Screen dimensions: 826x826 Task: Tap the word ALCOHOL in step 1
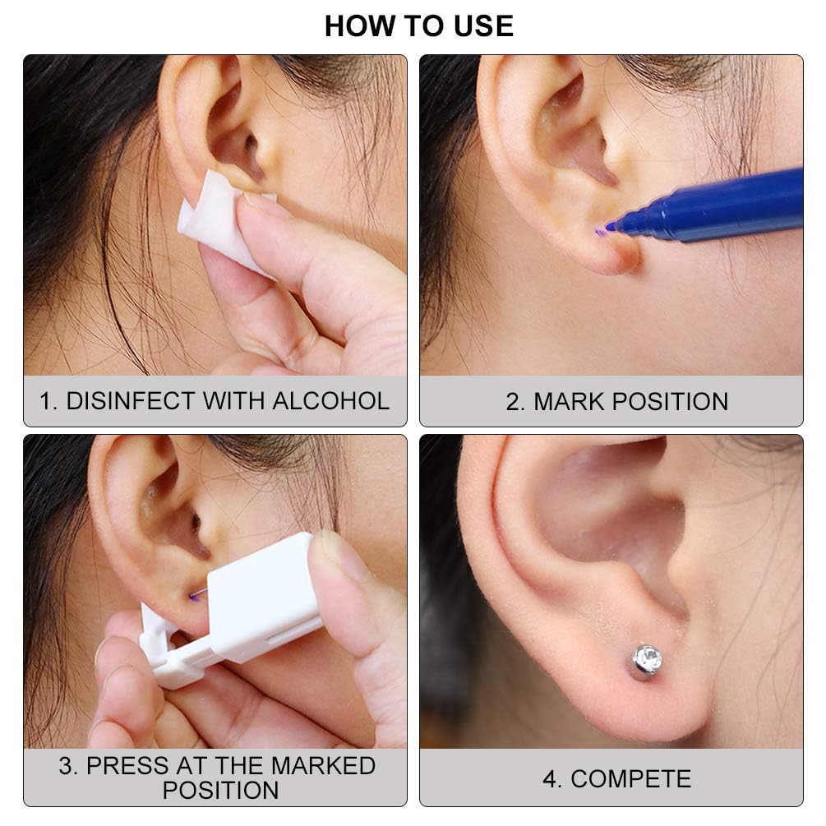coord(331,400)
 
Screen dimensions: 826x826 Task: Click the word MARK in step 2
coord(569,401)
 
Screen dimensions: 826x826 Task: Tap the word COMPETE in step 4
coord(630,779)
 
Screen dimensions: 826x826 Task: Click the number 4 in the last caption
coord(550,779)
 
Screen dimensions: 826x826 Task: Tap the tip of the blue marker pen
coord(610,227)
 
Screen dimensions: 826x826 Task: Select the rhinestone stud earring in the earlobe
coord(647,661)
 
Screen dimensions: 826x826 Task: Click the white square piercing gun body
coord(263,595)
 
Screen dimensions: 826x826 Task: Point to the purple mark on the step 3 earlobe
coord(196,595)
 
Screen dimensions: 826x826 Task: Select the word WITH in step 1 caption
coord(233,400)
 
